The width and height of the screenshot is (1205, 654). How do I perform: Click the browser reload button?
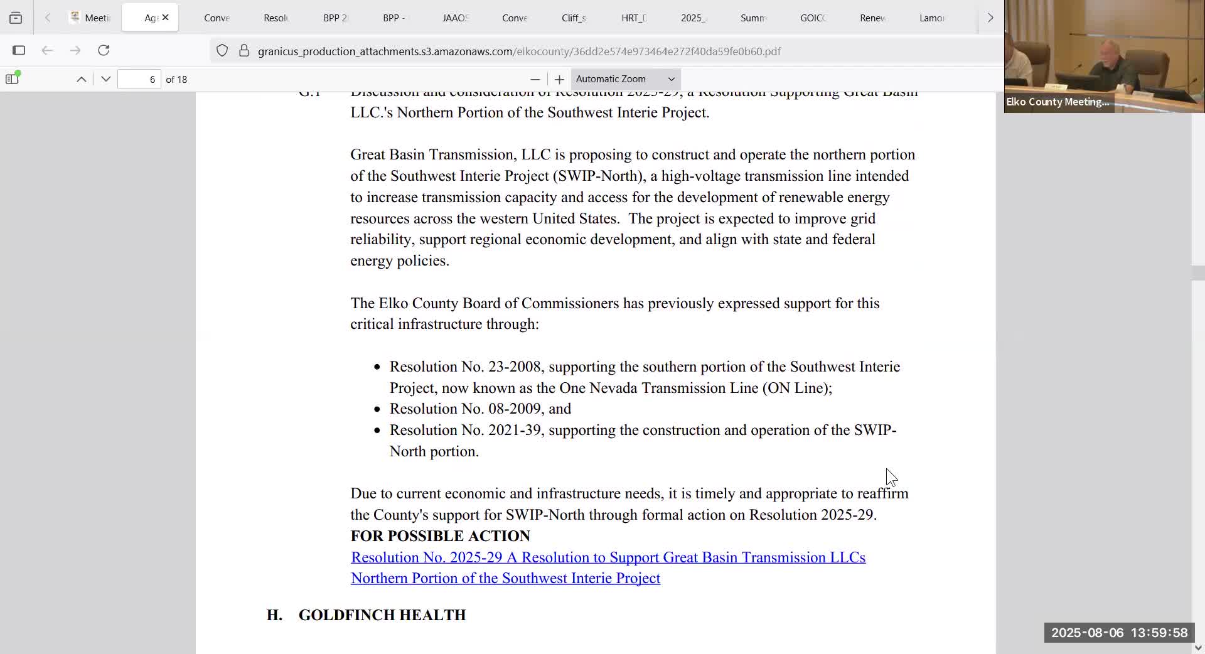tap(104, 50)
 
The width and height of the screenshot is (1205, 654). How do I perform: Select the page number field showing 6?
tap(139, 79)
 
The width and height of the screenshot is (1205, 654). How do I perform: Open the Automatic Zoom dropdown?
tap(625, 79)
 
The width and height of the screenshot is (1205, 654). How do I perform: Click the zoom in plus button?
tap(559, 79)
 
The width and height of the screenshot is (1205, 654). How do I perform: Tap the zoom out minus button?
tap(535, 79)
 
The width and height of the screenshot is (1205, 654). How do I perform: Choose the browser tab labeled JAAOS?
tap(455, 18)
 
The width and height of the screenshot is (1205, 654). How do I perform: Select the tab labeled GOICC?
tap(813, 18)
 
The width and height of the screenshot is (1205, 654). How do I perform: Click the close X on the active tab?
tap(165, 18)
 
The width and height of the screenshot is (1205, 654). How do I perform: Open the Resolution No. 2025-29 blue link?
tap(608, 557)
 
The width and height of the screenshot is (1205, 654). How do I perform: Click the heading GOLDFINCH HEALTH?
tap(382, 615)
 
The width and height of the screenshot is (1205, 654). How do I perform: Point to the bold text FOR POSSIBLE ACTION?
tap(440, 536)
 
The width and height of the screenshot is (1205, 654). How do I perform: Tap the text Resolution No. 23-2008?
tap(466, 367)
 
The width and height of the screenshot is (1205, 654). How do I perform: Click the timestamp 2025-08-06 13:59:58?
tap(1119, 633)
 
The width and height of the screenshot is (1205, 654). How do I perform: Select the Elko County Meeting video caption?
tap(1058, 102)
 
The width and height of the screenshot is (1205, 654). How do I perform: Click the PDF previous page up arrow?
tap(82, 79)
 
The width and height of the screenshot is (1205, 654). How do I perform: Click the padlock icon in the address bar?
tap(244, 51)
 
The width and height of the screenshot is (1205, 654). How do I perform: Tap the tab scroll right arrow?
tap(990, 18)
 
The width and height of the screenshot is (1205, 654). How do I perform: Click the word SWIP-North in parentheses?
tap(599, 176)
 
